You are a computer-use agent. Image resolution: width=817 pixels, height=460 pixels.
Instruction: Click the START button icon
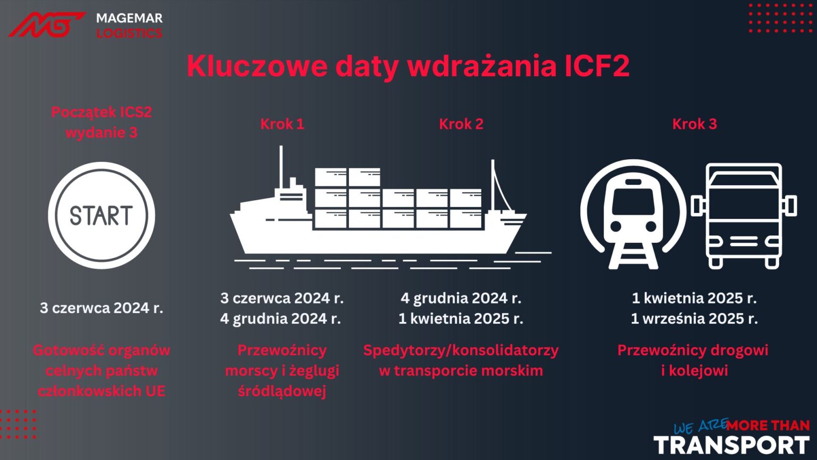click(101, 215)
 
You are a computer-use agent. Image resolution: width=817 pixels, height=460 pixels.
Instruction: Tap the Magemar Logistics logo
click(86, 25)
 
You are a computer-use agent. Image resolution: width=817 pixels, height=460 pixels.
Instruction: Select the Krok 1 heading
click(282, 124)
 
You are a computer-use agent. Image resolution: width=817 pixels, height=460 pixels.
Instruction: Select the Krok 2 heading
click(461, 124)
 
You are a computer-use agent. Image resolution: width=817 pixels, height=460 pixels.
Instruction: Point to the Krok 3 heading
click(694, 124)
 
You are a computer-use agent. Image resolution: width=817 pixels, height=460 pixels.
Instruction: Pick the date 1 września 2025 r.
click(694, 318)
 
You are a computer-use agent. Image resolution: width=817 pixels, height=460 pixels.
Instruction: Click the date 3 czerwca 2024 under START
click(101, 308)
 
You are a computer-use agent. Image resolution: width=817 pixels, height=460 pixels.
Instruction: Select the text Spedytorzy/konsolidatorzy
click(461, 350)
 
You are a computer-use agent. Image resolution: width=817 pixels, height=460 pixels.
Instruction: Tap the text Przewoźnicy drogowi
click(693, 350)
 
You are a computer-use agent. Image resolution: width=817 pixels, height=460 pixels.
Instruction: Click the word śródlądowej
click(282, 391)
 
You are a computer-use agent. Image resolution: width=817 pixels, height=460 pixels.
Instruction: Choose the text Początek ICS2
click(101, 112)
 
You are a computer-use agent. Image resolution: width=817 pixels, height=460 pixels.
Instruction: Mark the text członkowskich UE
click(101, 391)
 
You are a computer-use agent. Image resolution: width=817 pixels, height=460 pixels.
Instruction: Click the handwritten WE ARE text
click(699, 426)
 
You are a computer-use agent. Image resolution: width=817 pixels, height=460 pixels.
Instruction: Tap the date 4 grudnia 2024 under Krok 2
click(461, 298)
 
